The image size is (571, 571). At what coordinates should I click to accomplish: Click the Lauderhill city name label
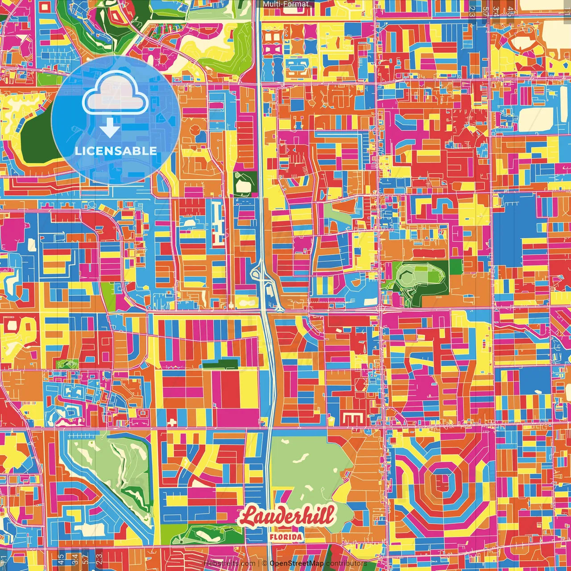[x=286, y=517]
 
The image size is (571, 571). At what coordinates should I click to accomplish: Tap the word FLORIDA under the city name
[x=286, y=537]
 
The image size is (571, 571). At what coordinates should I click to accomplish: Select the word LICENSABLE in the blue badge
[x=116, y=151]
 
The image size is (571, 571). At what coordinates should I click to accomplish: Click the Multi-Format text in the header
[x=285, y=4]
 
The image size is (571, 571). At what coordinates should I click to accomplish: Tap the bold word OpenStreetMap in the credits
[x=297, y=563]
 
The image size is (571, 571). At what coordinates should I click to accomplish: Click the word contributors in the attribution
[x=346, y=563]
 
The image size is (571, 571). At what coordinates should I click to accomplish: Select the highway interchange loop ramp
[x=258, y=273]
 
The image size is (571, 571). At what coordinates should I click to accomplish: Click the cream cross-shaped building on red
[x=172, y=422]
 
